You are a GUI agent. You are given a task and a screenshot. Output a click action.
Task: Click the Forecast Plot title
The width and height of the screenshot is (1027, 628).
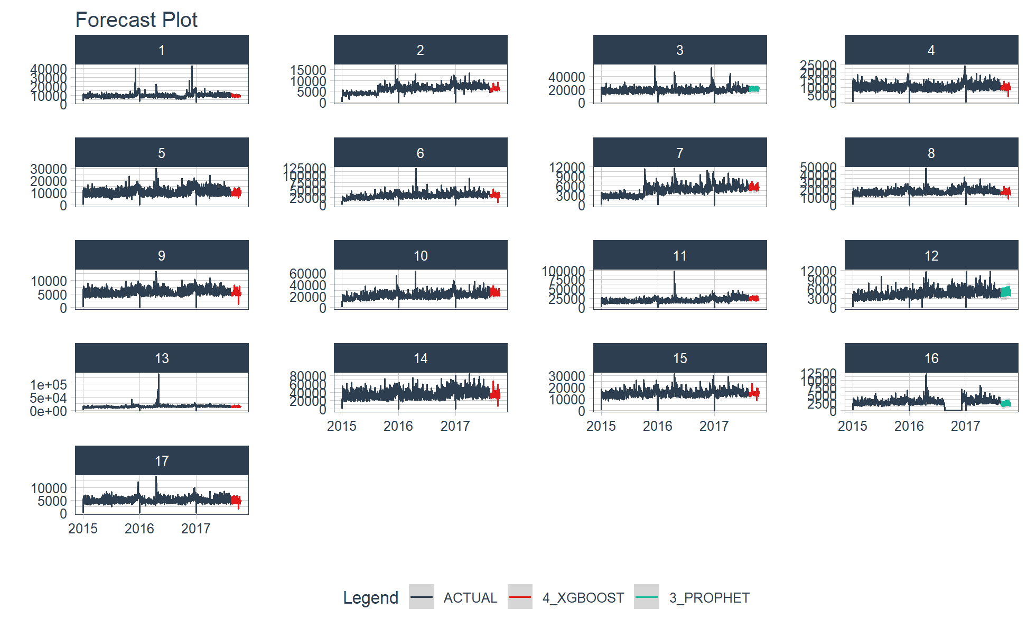point(136,20)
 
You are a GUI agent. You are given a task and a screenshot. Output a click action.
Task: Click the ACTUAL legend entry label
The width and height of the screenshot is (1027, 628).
point(470,598)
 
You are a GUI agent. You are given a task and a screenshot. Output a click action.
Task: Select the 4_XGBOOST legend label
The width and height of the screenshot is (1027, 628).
point(583,598)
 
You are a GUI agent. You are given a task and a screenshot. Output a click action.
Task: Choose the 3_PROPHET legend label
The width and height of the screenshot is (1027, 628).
point(709,598)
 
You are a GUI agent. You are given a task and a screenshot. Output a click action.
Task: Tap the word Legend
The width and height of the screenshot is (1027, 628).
point(370,598)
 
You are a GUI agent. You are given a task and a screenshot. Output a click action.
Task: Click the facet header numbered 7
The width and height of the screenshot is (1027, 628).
point(679,153)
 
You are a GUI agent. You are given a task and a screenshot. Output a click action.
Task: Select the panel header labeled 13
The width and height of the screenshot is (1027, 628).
point(162,358)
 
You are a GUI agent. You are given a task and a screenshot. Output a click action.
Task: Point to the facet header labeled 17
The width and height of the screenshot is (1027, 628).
point(162,461)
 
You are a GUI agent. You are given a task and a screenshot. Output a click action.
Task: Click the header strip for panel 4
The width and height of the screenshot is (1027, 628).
point(931,50)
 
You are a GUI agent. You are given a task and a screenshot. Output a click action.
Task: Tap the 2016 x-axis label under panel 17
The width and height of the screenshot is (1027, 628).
point(139,529)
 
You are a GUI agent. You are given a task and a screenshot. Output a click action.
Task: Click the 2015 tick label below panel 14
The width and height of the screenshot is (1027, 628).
point(342,426)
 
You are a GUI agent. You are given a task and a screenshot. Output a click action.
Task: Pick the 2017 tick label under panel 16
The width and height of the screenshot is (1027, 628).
point(965,426)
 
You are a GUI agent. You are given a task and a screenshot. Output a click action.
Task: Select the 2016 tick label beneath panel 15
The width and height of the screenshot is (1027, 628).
point(657,426)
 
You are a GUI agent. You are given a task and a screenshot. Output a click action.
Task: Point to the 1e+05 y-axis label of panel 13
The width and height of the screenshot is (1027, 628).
point(49,385)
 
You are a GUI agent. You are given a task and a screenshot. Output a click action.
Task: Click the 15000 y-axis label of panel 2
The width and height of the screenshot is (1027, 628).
point(308,70)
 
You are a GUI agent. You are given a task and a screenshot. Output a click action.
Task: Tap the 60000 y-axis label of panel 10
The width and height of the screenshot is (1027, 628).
point(307,274)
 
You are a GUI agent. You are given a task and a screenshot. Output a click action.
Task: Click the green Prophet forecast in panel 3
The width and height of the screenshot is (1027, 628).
point(754,89)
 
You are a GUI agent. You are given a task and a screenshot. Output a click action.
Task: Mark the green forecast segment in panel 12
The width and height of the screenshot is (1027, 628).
point(1006,291)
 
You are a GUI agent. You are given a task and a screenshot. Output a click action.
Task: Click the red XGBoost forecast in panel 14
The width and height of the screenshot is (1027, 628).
point(495,394)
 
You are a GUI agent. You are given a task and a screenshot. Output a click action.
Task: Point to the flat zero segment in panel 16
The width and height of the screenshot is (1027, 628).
point(953,410)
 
